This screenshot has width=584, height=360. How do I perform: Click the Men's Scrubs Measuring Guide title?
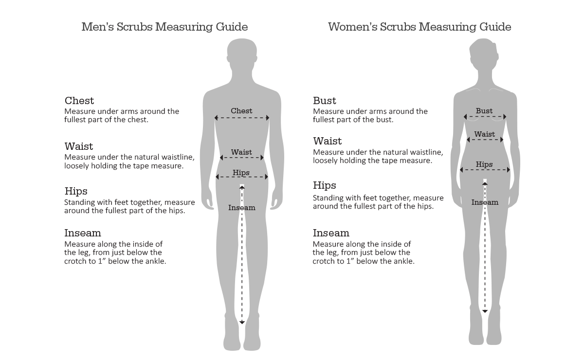[x=164, y=27]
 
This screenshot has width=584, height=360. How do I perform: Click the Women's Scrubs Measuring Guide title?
[x=420, y=27]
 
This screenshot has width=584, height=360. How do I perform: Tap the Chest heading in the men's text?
[x=79, y=100]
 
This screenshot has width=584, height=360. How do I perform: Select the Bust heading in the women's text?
[x=325, y=100]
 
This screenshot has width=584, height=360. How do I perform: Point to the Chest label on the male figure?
[x=241, y=111]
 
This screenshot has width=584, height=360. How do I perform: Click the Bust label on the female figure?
[x=484, y=111]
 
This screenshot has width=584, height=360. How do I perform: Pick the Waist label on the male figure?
[x=241, y=152]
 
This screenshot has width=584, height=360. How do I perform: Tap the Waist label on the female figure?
[x=484, y=134]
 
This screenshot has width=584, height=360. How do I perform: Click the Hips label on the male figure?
[x=241, y=173]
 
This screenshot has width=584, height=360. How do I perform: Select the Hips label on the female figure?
[x=484, y=164]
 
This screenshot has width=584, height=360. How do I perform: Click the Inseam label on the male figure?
[x=242, y=208]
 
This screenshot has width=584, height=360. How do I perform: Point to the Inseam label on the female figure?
[x=485, y=202]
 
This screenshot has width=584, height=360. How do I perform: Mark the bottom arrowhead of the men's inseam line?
[x=242, y=323]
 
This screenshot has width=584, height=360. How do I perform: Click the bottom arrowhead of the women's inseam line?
[x=485, y=311]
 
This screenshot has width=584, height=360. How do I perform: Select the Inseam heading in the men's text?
[x=83, y=233]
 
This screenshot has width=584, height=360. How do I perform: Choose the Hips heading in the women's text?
[x=324, y=186]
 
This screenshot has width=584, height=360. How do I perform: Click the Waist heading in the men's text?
[x=79, y=146]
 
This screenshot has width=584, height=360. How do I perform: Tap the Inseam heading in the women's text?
[x=331, y=233]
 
